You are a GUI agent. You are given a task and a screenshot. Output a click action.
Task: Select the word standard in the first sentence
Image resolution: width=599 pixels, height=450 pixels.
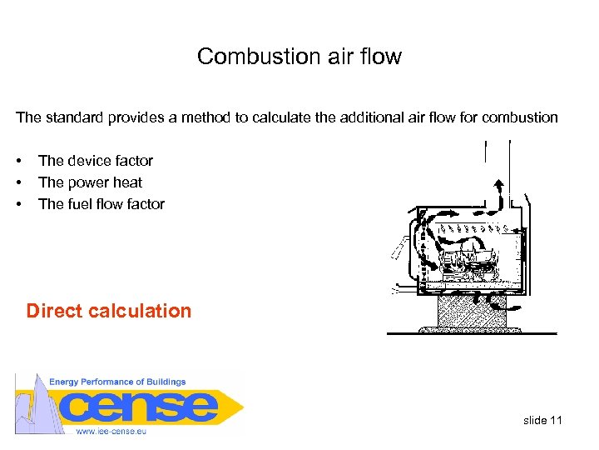(75, 117)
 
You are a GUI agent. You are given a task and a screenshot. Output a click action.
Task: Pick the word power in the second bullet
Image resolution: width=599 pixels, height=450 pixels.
(91, 182)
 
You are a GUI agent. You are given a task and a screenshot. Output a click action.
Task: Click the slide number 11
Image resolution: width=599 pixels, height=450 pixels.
(556, 420)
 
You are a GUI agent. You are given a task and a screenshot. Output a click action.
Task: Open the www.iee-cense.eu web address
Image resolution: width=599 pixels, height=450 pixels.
(112, 431)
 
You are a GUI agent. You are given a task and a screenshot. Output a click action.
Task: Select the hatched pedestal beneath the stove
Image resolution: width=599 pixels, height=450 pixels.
(472, 313)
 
